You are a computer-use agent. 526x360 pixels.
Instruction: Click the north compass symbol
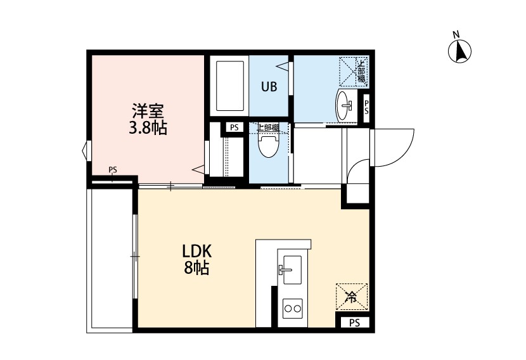[459, 51]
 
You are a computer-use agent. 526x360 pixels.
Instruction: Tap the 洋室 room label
[148, 111]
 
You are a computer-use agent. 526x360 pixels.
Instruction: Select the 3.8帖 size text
[148, 128]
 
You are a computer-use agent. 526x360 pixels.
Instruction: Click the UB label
[269, 87]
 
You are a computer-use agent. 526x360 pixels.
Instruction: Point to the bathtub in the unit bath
[230, 86]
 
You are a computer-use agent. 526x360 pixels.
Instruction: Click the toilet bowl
[269, 146]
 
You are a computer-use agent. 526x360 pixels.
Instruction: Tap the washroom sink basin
[342, 106]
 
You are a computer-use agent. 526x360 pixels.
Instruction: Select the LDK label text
[197, 251]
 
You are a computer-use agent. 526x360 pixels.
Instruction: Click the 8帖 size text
[197, 267]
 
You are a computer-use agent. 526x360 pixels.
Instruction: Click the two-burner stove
[293, 308]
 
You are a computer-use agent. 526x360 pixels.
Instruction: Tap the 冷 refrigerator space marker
[352, 297]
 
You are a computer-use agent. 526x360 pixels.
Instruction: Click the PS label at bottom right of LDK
[355, 323]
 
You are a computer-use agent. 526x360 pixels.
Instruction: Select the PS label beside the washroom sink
[366, 106]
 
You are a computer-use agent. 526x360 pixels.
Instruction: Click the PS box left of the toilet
[234, 128]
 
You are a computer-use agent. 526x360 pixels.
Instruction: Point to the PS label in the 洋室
[113, 170]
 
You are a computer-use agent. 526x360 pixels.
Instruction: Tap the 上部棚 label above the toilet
[268, 127]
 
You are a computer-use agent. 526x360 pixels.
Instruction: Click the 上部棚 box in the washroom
[354, 72]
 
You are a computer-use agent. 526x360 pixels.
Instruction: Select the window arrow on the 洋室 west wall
[85, 150]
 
